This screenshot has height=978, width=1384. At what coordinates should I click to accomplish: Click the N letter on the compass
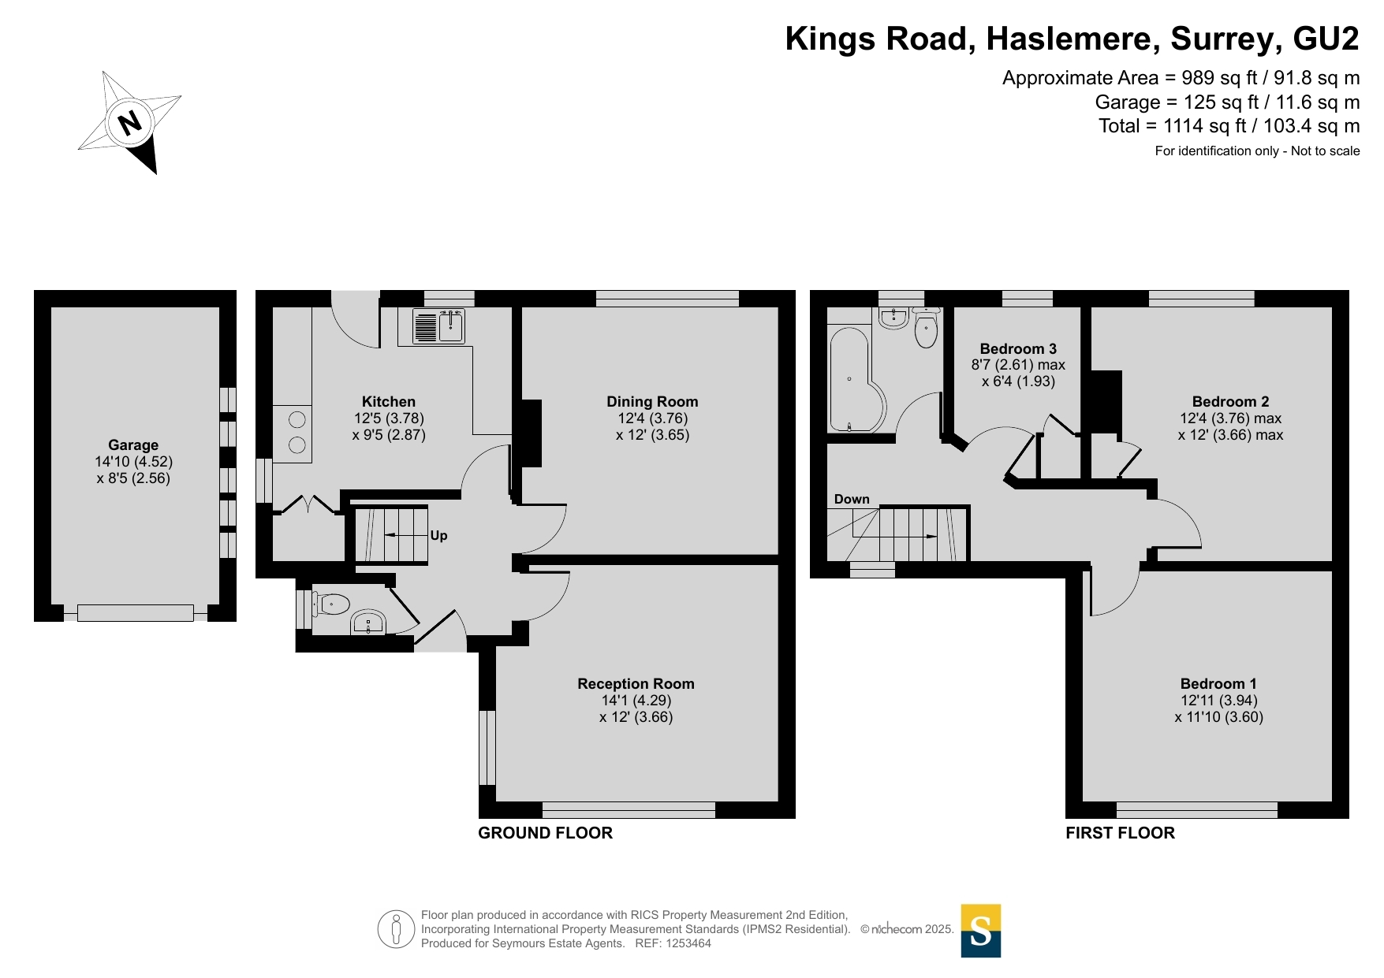(129, 122)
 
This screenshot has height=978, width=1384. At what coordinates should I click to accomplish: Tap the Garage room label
(133, 445)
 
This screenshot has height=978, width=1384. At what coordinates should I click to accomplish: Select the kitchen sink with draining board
(438, 326)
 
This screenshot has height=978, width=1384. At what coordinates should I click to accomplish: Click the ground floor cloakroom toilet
(331, 604)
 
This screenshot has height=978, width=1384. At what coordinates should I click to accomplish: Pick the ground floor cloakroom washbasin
(368, 623)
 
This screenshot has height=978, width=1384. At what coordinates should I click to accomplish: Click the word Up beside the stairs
(438, 536)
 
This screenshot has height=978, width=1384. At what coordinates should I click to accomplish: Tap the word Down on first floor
(852, 499)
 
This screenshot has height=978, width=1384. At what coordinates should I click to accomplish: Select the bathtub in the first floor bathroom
(856, 379)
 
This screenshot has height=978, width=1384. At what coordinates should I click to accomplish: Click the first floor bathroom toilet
(926, 329)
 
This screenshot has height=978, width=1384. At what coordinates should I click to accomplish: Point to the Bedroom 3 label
(1018, 348)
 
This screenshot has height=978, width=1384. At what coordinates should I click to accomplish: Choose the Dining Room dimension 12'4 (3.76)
(653, 418)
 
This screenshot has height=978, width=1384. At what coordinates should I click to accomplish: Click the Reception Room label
(636, 684)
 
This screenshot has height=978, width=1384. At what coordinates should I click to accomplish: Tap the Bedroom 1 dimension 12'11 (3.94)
(1219, 701)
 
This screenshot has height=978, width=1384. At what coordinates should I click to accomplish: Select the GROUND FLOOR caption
(546, 833)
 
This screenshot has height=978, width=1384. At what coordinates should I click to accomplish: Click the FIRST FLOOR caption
(1120, 833)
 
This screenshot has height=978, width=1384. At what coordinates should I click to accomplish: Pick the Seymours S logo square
(981, 931)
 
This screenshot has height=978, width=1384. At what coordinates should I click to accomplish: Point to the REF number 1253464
(688, 943)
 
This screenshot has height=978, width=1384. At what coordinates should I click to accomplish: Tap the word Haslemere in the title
(1073, 39)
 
